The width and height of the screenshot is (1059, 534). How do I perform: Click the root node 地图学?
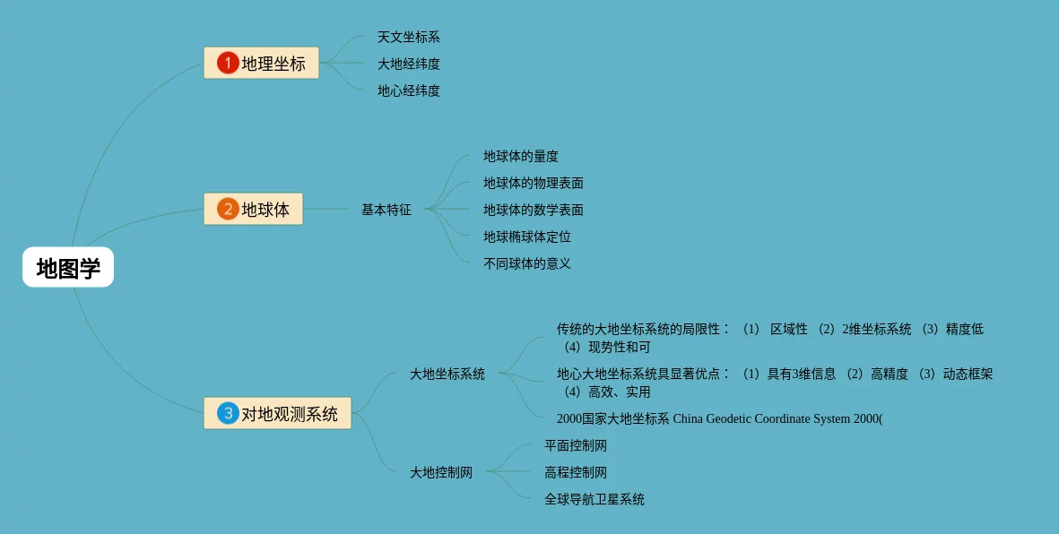[x=68, y=268]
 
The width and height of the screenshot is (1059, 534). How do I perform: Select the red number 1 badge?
[x=228, y=63]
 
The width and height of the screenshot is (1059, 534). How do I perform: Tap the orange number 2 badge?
[x=228, y=209]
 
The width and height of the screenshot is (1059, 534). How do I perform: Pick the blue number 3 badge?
[x=228, y=413]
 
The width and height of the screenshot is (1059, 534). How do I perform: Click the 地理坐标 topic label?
[x=273, y=64]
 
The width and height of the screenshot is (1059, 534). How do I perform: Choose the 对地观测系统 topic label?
[x=290, y=414]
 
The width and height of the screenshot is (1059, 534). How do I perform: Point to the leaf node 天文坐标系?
[x=408, y=38]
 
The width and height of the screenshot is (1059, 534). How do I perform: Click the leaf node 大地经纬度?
[x=408, y=65]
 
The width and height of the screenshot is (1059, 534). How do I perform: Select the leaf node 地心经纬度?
[x=408, y=91]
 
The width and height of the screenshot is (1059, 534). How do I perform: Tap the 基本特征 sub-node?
[x=386, y=210]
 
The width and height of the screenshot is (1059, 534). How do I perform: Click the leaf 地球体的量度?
[x=521, y=157]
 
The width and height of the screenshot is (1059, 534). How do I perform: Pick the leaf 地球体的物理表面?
[x=534, y=184]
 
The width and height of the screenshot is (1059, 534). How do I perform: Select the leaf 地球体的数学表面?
[x=534, y=211]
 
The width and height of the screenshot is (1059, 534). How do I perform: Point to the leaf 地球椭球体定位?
[x=527, y=237]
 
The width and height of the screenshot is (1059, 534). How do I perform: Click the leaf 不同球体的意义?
[x=527, y=264]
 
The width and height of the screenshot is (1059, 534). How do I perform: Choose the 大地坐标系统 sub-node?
[x=447, y=375]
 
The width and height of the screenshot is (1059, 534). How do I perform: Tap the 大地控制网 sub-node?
[x=441, y=473]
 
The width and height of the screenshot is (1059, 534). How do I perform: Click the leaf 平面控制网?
[x=576, y=446]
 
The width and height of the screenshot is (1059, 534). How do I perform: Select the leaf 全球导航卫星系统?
[x=595, y=500]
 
